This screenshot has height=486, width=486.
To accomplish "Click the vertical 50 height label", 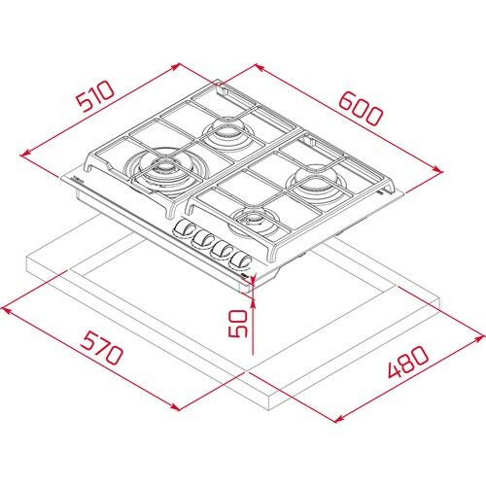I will (x=235, y=322).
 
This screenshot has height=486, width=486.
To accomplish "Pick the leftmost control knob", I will (x=184, y=229).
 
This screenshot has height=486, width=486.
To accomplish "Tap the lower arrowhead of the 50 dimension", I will (x=249, y=347).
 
